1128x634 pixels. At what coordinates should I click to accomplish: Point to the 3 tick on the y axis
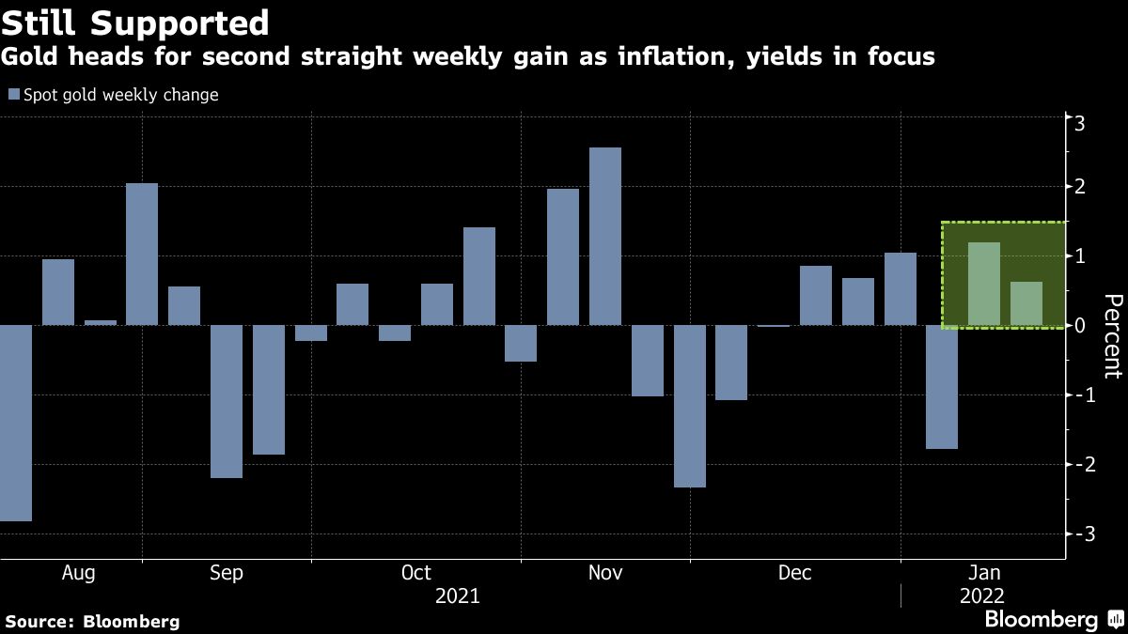pyautogui.click(x=1080, y=122)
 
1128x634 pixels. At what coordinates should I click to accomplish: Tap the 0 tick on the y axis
pyautogui.click(x=1080, y=326)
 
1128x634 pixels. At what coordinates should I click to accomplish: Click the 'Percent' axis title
pyautogui.click(x=1112, y=335)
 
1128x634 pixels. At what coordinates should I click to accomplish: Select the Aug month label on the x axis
pyautogui.click(x=77, y=573)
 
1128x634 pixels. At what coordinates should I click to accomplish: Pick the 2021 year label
pyautogui.click(x=457, y=596)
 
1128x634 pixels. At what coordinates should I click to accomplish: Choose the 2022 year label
pyautogui.click(x=981, y=596)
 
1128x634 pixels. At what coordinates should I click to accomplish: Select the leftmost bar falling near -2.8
pyautogui.click(x=16, y=423)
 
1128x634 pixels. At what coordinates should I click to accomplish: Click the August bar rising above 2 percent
pyautogui.click(x=142, y=255)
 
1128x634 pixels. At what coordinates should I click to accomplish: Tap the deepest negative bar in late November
pyautogui.click(x=689, y=406)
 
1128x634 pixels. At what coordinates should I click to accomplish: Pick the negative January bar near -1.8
pyautogui.click(x=942, y=387)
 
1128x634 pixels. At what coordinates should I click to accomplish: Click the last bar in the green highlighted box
pyautogui.click(x=1026, y=303)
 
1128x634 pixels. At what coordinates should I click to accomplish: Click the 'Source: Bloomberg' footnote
pyautogui.click(x=92, y=621)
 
